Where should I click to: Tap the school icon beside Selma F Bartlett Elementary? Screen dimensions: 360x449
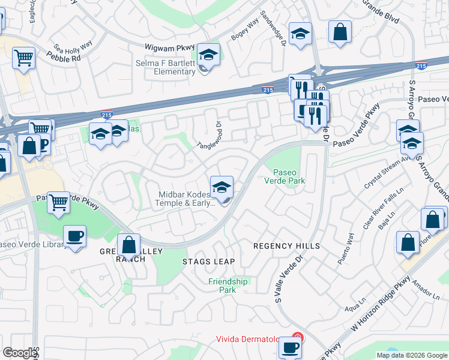tap(208, 55)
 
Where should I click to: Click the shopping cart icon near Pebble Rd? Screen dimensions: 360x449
tap(24, 58)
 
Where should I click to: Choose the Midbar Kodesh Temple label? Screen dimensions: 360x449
tap(186, 198)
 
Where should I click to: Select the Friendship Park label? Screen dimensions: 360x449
tap(228, 286)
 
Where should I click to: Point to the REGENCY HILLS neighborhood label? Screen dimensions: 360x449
tap(286, 246)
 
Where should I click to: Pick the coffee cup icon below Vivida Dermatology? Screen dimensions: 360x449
tap(291, 347)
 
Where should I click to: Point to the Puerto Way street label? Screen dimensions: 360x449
tap(345, 254)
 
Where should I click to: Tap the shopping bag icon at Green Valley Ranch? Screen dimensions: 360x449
tap(128, 245)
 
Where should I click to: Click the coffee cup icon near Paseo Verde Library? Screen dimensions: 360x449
tap(74, 236)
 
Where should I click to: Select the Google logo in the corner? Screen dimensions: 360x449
tap(20, 353)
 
